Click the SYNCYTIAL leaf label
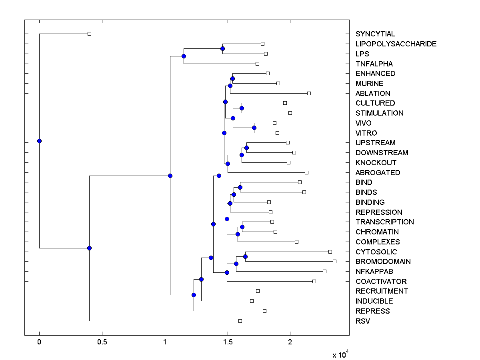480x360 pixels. click(x=375, y=34)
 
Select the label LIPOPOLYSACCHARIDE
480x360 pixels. click(x=396, y=44)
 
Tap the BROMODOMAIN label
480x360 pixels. click(x=383, y=262)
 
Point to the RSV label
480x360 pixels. click(x=363, y=321)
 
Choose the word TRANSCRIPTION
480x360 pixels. click(x=384, y=222)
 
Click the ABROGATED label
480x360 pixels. click(x=378, y=173)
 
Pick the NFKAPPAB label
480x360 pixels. click(x=374, y=272)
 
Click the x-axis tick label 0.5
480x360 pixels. click(x=102, y=342)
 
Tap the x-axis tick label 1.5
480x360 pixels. click(x=228, y=342)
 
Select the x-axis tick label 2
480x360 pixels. click(x=290, y=342)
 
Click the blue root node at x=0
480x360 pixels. click(x=39, y=141)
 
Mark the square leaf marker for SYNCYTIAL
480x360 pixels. click(x=89, y=34)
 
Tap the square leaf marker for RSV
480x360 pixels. click(x=240, y=321)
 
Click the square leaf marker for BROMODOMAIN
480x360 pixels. click(x=334, y=261)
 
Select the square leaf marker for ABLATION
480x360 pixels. click(x=309, y=93)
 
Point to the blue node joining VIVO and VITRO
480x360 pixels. click(x=254, y=128)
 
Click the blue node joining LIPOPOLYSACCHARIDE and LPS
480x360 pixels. click(x=222, y=48)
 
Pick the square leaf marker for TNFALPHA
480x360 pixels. click(x=257, y=64)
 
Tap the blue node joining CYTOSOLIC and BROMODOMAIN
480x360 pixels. click(x=245, y=256)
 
